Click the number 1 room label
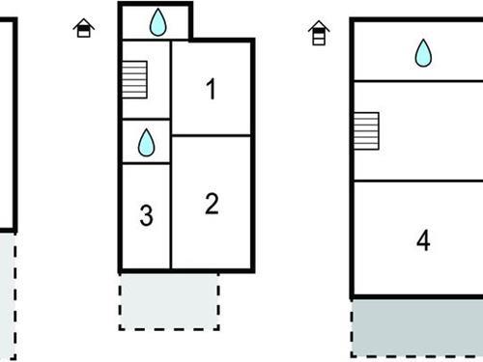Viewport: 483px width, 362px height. pos(211,90)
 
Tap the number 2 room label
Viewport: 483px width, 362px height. pos(212,204)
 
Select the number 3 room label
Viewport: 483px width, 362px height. pos(146,216)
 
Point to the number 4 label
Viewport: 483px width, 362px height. pos(422,240)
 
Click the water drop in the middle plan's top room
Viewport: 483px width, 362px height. pos(157,21)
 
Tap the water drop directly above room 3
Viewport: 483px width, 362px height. pos(146,143)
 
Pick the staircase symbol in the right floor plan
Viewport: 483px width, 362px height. pos(365,129)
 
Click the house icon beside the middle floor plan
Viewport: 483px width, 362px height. pos(85,28)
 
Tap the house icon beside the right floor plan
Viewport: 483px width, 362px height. pos(318,35)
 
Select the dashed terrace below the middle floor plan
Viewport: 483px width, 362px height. pos(169,300)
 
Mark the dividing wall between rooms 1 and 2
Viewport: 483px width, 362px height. pos(212,136)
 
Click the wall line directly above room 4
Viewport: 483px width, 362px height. pos(416,181)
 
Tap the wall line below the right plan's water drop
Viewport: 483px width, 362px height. pos(416,81)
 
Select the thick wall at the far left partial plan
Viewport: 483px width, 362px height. pos(14,125)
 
